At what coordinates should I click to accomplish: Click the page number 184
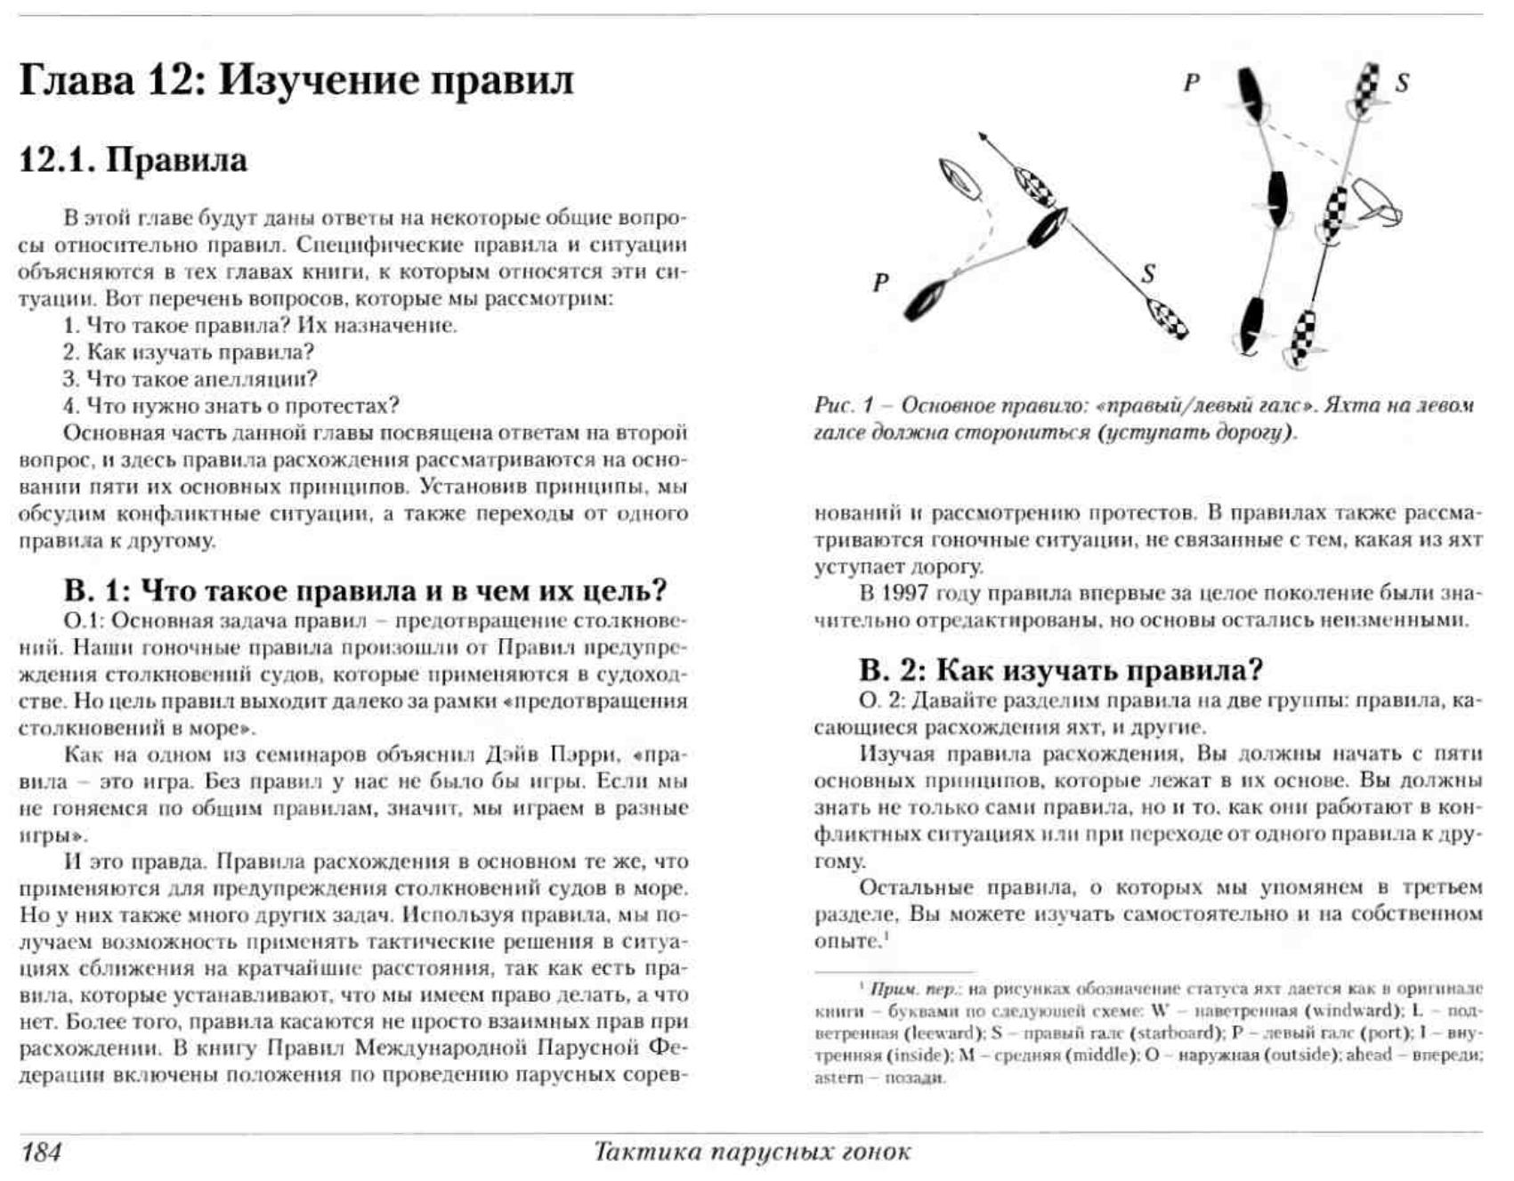(41, 1152)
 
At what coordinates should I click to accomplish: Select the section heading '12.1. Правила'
(134, 160)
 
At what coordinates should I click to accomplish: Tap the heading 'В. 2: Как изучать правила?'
(1061, 670)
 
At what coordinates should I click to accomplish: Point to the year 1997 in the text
(906, 594)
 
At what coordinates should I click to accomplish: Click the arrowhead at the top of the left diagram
(983, 136)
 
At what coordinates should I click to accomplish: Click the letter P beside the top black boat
(1192, 83)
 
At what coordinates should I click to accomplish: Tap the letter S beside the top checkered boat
(1402, 84)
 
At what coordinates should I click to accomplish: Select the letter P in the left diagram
(881, 283)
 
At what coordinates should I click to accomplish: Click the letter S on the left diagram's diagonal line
(1148, 274)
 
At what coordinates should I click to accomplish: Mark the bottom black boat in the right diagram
(1251, 326)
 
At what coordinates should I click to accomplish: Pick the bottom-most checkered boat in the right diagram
(1304, 336)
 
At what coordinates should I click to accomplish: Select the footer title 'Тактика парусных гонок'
(752, 1152)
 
